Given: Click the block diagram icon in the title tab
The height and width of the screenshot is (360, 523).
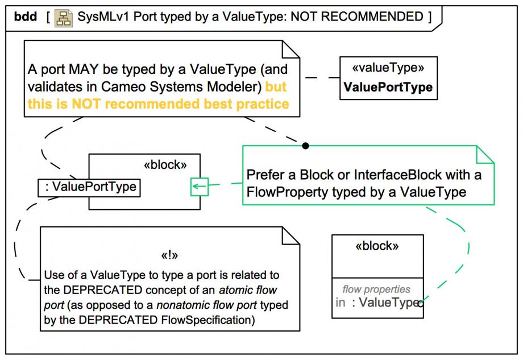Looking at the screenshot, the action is (x=63, y=18).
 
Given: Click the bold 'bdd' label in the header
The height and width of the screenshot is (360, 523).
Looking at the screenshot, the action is (x=26, y=16).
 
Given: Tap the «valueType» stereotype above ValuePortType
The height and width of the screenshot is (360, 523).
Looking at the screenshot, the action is (x=388, y=68).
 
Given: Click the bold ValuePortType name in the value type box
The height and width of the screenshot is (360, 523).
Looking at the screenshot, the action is (x=388, y=87).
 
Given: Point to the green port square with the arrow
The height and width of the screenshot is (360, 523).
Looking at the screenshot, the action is (x=200, y=187).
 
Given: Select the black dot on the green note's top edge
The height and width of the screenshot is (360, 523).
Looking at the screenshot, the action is (x=305, y=146).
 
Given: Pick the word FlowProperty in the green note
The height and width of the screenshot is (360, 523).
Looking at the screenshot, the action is (x=284, y=192).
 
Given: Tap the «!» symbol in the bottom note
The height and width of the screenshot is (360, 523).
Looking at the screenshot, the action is (x=169, y=255).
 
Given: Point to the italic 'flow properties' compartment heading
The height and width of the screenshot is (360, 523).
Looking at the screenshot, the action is (x=376, y=289).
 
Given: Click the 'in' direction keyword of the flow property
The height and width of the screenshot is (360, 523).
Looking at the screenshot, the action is (x=340, y=303).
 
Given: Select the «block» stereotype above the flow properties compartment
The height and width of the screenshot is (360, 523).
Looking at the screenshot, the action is (x=377, y=246).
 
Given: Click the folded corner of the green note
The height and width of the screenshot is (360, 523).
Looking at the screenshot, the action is (x=485, y=155).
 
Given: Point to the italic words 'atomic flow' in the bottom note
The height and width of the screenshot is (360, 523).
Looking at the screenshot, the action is (x=248, y=290).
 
